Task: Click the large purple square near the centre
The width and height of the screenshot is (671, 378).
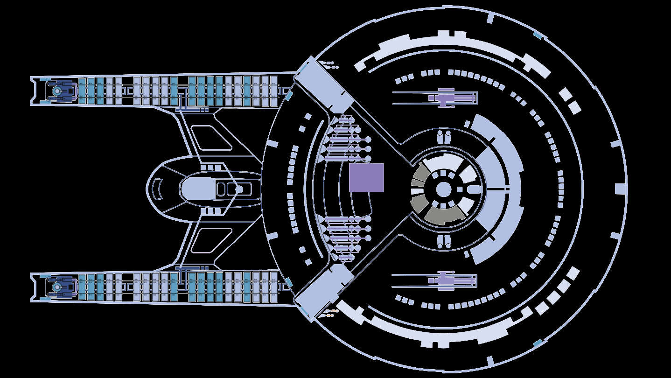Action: (366, 177)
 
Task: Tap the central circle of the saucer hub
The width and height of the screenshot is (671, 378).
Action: (443, 189)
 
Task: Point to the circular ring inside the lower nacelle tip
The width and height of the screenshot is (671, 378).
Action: (57, 287)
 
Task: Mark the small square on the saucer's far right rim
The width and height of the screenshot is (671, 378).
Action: (620, 189)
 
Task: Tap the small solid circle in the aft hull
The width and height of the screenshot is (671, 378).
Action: (239, 189)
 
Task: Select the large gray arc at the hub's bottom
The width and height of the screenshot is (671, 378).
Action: (443, 215)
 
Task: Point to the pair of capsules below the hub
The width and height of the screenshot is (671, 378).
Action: (444, 242)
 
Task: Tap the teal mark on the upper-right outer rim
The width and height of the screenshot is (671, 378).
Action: (538, 35)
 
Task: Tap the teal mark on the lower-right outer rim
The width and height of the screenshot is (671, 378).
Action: (538, 343)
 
